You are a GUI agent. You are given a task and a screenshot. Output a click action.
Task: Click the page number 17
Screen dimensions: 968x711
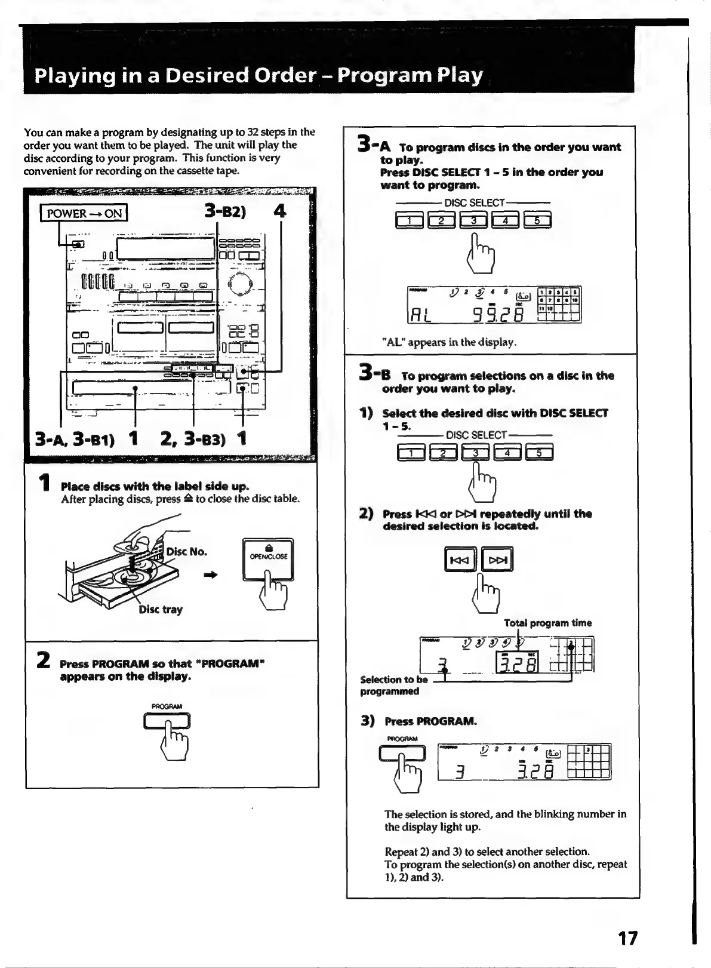627,938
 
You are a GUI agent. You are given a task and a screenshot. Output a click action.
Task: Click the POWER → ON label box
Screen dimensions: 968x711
84,213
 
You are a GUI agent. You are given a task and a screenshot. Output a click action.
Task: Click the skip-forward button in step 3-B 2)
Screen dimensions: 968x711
497,560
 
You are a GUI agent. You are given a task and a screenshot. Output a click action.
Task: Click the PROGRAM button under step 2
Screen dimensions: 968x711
167,721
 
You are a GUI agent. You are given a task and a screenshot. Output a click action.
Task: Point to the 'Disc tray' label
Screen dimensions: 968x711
161,610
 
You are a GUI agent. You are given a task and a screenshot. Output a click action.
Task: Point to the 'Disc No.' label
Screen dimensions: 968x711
187,551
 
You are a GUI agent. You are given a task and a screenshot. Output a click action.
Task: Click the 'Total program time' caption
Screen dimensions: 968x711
547,623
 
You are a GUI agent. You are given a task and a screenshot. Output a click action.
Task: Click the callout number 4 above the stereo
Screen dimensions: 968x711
279,211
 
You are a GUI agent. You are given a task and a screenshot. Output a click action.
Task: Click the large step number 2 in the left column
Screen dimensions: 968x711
43,660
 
